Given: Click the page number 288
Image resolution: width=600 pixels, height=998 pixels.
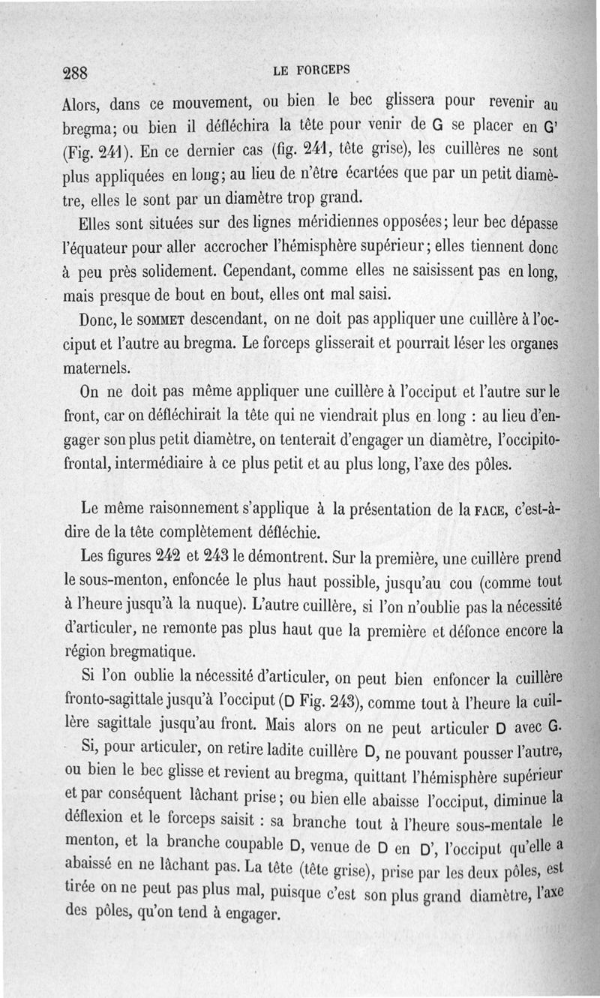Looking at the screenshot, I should point(76,73).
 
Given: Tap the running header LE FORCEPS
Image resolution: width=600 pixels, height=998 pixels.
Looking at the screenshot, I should point(312,70).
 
